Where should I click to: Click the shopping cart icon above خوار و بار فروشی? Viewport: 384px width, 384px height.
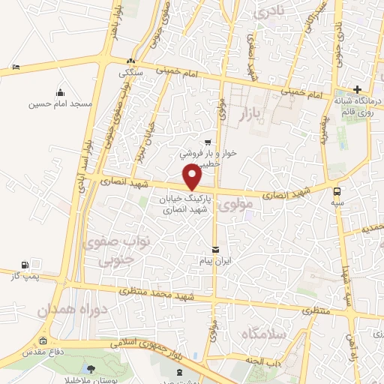coord(208,141)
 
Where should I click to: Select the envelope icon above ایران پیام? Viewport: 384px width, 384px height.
coord(216,249)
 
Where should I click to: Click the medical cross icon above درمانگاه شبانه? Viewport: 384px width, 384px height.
coord(357,90)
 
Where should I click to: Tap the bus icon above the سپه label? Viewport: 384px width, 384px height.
coord(337,190)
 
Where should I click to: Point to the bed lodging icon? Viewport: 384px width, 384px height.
coord(16,67)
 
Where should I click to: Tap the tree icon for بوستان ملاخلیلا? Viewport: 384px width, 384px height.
coord(91,368)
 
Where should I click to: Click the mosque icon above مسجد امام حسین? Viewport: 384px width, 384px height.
coord(60,92)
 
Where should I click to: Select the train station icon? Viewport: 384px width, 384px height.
coord(178,372)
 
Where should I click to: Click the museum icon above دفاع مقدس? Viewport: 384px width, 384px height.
coord(43,340)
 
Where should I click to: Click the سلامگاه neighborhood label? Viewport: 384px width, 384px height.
coord(280,332)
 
